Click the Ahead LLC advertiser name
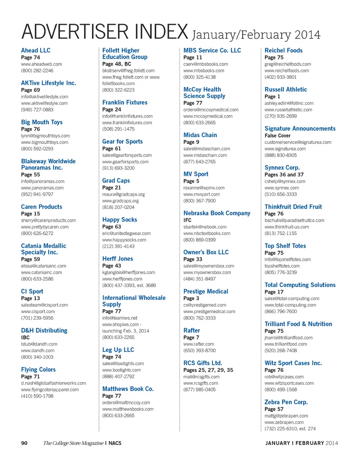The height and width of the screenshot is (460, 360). click(36, 51)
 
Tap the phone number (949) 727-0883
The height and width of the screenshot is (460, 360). click(37, 110)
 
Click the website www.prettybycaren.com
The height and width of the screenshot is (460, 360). click(45, 227)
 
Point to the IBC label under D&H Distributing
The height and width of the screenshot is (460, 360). click(26, 337)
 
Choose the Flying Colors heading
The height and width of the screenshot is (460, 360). click(38, 370)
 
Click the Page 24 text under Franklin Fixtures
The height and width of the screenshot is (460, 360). click(112, 109)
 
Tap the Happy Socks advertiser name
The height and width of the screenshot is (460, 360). click(120, 220)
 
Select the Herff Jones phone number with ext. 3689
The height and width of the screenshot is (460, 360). click(129, 285)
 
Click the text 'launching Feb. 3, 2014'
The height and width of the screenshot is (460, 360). click(126, 331)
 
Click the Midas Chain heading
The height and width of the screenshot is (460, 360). click(200, 135)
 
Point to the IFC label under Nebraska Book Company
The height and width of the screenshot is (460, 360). click(187, 220)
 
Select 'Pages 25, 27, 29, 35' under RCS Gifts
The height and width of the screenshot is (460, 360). click(208, 370)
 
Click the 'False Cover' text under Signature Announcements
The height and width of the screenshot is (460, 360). click(277, 136)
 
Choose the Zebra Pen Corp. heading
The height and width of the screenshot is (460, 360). click(286, 402)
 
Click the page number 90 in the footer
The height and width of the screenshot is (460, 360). click(24, 443)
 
